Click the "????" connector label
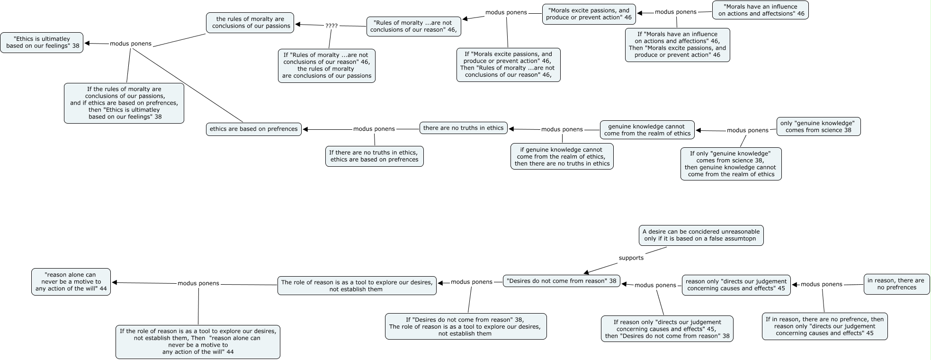point(331,26)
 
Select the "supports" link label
point(631,258)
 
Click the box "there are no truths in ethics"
point(464,128)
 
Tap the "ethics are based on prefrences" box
point(254,129)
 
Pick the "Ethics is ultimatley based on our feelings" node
point(42,43)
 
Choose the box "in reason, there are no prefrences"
point(897,284)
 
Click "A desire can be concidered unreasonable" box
point(701,235)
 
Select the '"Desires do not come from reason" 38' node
point(562,281)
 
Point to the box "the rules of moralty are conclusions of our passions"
point(250,22)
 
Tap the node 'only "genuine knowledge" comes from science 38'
point(818,126)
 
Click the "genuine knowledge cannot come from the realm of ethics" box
point(647,130)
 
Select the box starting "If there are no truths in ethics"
point(375,156)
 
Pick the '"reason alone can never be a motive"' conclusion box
point(71,282)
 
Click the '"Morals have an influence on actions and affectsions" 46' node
point(761,10)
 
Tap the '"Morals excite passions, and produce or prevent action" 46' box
point(589,14)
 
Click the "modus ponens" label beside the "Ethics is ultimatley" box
point(131,44)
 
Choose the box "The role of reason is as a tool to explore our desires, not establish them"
point(357,286)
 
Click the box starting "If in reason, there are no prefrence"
point(825,326)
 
